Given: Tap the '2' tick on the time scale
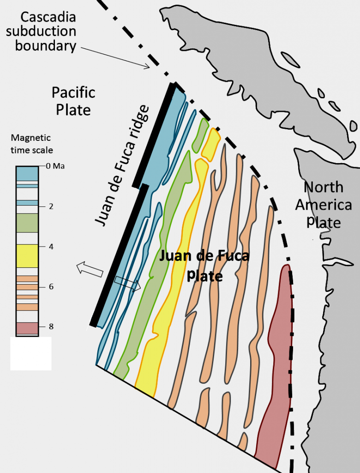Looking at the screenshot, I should pyautogui.click(x=50, y=206).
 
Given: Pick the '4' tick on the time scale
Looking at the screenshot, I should pyautogui.click(x=50, y=246).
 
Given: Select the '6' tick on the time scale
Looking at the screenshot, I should pyautogui.click(x=50, y=286).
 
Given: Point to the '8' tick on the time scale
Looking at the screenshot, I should pyautogui.click(x=50, y=327).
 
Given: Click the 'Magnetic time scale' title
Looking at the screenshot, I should pyautogui.click(x=32, y=144).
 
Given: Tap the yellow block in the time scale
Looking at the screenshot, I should pyautogui.click(x=27, y=255).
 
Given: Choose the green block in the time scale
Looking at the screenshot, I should pyautogui.click(x=27, y=223).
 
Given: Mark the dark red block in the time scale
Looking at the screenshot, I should pyautogui.click(x=27, y=328).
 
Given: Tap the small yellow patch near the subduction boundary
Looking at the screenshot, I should pyautogui.click(x=211, y=145).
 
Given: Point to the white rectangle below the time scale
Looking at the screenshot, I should pyautogui.click(x=30, y=353).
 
